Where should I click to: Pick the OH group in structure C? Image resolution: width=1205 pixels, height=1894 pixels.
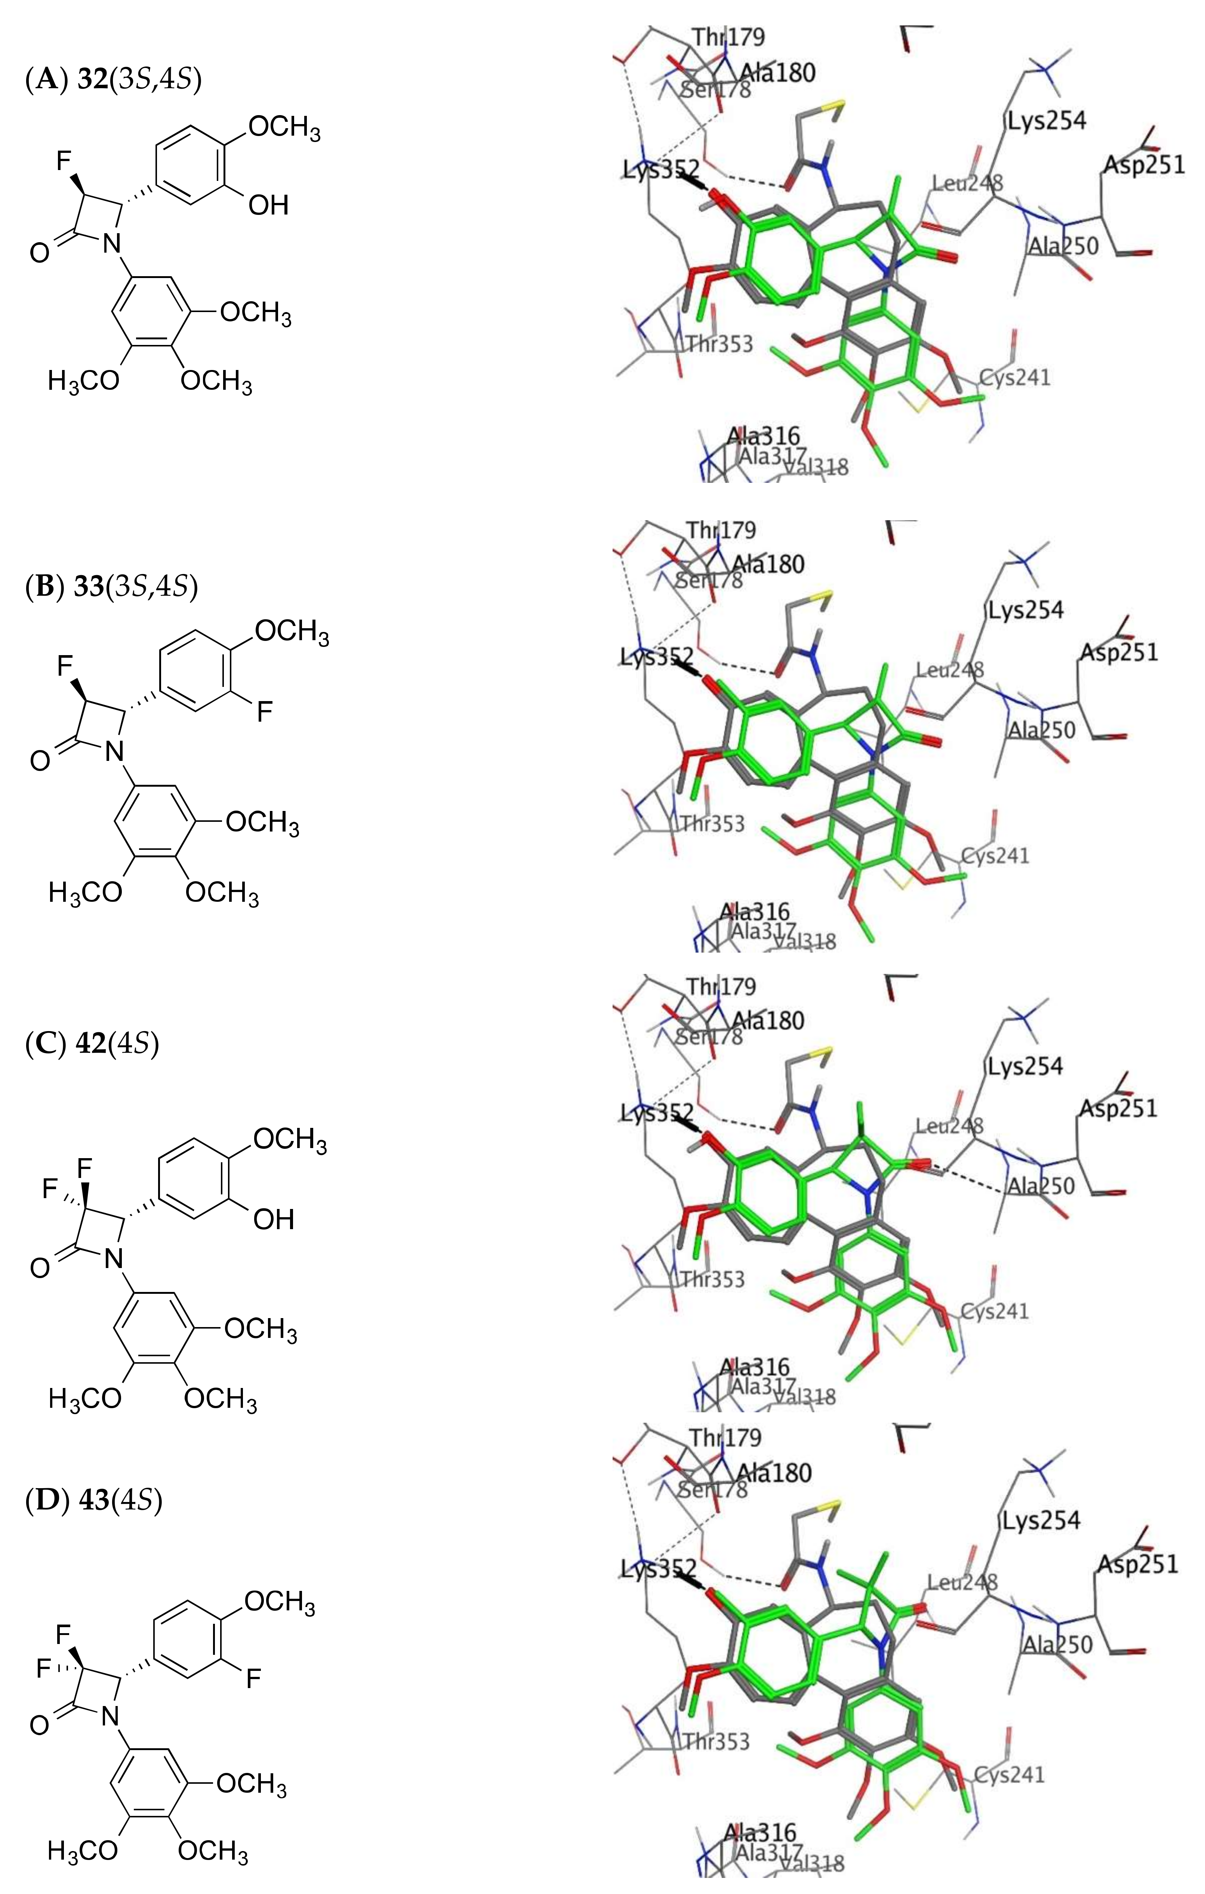tap(273, 1220)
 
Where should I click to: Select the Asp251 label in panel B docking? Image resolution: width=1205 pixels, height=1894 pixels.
tap(1119, 652)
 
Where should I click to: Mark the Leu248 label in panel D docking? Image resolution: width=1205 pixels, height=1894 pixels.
tap(962, 1582)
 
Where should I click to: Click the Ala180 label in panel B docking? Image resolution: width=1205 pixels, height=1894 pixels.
tap(768, 564)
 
